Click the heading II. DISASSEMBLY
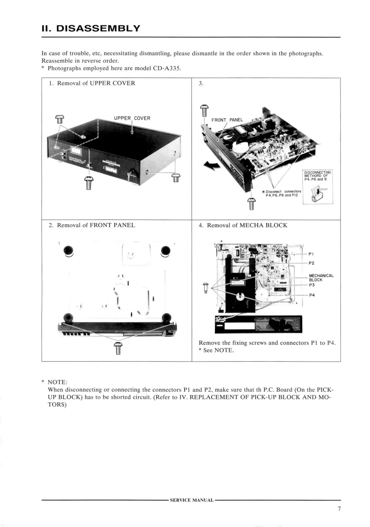(91, 28)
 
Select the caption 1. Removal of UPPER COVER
(92, 84)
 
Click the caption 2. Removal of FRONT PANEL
(92, 225)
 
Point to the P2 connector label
(312, 263)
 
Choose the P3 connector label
(312, 285)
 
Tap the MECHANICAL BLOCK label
(321, 278)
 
